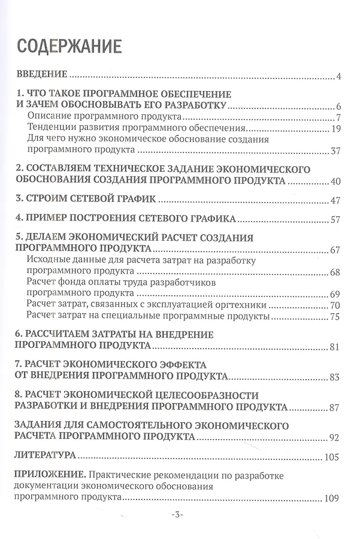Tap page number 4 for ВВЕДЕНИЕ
[338, 77]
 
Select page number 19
[336, 129]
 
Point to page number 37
[336, 151]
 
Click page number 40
[336, 181]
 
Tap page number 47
[336, 199]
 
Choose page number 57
[336, 219]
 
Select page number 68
[336, 272]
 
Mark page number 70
[336, 305]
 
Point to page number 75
[336, 317]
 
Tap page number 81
[336, 347]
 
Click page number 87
[336, 408]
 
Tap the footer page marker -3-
[180, 515]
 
